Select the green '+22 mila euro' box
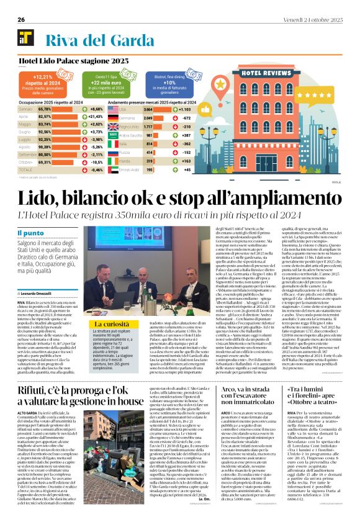click(x=121, y=80)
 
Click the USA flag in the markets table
click(x=114, y=109)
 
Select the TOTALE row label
click(x=25, y=169)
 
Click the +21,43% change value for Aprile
click(x=94, y=116)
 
